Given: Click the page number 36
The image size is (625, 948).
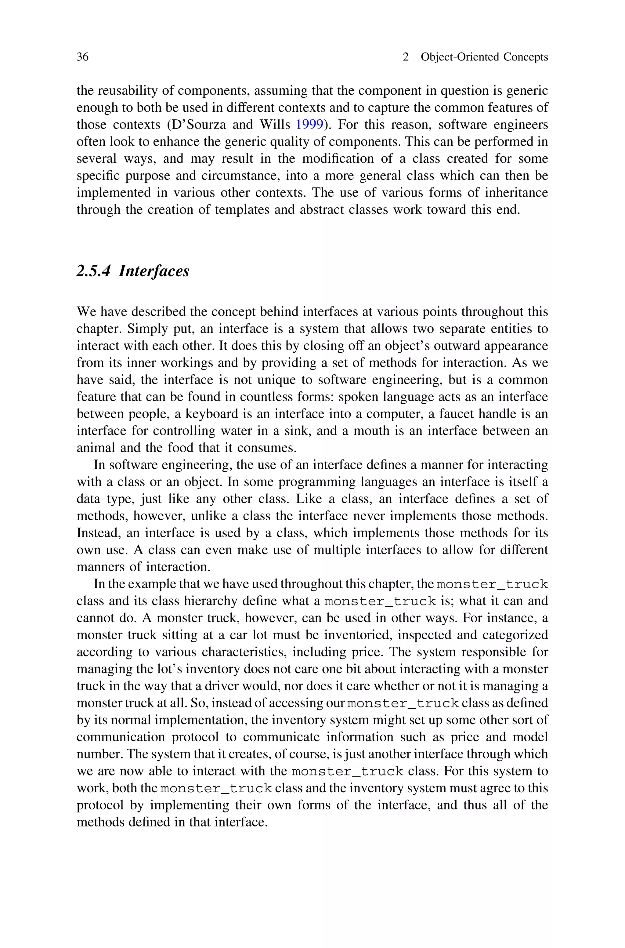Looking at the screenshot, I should click(x=82, y=57).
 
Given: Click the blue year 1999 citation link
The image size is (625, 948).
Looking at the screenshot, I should click(x=309, y=125).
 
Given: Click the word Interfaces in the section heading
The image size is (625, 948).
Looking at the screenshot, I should click(x=154, y=271).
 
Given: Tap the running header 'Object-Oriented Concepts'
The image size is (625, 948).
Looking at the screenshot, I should click(x=484, y=57).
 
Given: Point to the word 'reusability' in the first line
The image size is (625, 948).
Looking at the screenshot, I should click(x=128, y=91).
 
